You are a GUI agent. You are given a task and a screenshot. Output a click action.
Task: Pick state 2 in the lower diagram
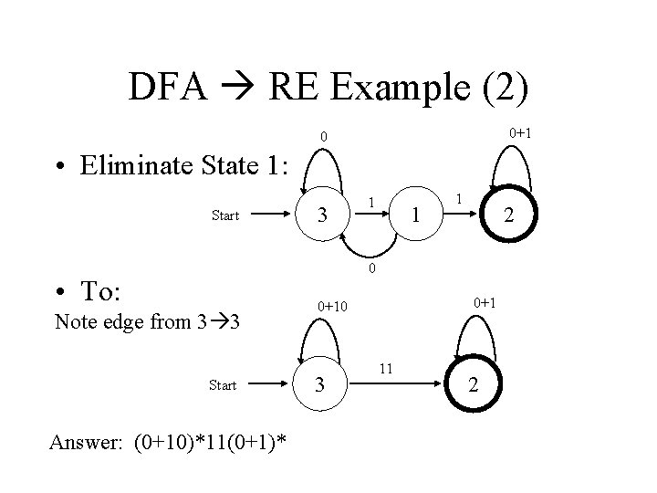click(x=472, y=385)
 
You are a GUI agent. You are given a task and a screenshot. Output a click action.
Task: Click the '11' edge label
click(x=386, y=368)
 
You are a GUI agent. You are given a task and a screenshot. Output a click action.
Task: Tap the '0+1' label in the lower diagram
click(x=485, y=302)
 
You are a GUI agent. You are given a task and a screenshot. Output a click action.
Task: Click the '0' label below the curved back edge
click(x=371, y=268)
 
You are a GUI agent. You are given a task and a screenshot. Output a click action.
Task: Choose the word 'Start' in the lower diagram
click(x=223, y=385)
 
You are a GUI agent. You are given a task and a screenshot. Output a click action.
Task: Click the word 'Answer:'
click(x=89, y=443)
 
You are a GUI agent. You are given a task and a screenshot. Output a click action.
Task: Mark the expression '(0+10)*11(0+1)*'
click(x=210, y=443)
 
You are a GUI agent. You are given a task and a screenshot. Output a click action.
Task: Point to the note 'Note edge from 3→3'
click(x=147, y=321)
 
